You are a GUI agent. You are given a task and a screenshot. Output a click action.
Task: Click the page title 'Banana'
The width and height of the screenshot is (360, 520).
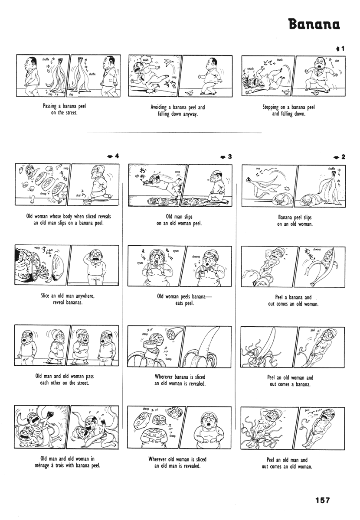click(x=314, y=24)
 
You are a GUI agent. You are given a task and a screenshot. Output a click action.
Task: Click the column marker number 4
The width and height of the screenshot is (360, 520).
click(x=117, y=156)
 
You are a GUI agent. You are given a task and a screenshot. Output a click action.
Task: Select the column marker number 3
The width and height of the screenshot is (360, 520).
click(x=230, y=156)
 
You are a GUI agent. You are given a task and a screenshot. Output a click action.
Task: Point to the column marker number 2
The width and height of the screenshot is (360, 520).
click(x=343, y=156)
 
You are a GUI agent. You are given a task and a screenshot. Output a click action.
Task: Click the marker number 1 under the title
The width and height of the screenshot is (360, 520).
click(x=342, y=49)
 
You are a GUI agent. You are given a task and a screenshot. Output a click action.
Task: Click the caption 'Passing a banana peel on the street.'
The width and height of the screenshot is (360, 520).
click(x=64, y=109)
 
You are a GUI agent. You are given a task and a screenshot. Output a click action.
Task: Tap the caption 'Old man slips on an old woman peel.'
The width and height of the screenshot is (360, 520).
click(x=179, y=220)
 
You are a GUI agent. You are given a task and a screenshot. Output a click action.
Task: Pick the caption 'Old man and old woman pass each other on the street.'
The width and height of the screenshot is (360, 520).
click(x=64, y=380)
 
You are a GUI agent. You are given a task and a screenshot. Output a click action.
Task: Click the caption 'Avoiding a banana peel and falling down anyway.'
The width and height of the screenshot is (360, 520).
click(x=178, y=110)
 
